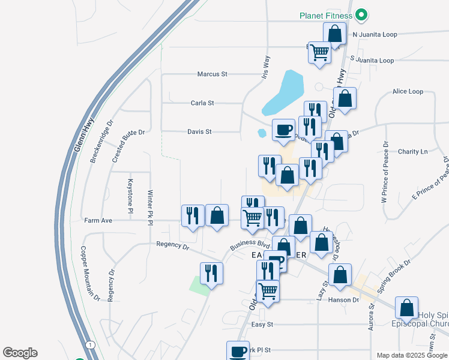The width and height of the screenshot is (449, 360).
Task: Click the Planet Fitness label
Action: (326, 15)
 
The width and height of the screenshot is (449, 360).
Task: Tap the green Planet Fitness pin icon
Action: (361, 14)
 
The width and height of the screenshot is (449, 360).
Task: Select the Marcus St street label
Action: (212, 74)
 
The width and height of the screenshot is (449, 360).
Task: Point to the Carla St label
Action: (202, 103)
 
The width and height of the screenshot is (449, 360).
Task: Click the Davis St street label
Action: (199, 131)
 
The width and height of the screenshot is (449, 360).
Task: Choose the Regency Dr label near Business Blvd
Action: (172, 245)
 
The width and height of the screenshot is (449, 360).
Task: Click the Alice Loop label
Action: (408, 92)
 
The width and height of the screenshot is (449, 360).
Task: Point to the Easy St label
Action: (262, 325)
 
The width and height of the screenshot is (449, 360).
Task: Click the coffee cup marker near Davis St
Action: (283, 129)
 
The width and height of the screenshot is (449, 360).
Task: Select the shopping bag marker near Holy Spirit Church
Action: (407, 307)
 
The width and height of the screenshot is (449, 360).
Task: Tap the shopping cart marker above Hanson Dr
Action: (268, 291)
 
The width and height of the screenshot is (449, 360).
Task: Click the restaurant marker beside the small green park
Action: (211, 272)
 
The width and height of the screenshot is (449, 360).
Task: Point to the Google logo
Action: (20, 353)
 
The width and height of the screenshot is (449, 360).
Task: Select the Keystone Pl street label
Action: (130, 196)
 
